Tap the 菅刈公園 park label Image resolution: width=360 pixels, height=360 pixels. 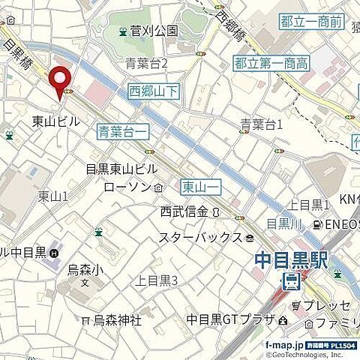point(154,31)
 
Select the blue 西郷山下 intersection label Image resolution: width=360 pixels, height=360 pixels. point(153,91)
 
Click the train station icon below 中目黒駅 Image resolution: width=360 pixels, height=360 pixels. point(289,281)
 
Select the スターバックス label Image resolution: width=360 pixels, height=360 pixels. point(199,238)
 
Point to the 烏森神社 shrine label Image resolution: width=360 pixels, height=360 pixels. point(117,320)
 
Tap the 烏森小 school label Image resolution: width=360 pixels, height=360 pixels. point(83,268)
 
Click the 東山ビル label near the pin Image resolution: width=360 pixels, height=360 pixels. point(57,119)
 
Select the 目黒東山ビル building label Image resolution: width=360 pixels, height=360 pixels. point(121,169)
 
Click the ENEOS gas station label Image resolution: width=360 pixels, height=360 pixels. point(342,223)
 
